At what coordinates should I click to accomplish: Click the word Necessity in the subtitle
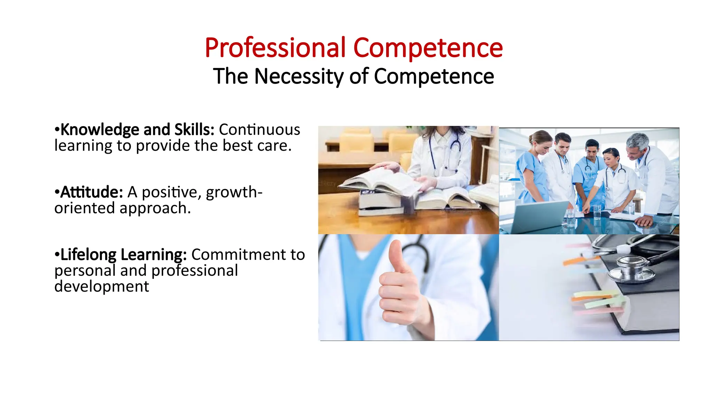299,76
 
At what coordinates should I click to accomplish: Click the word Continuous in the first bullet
259,130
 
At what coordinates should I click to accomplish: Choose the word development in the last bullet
102,287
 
